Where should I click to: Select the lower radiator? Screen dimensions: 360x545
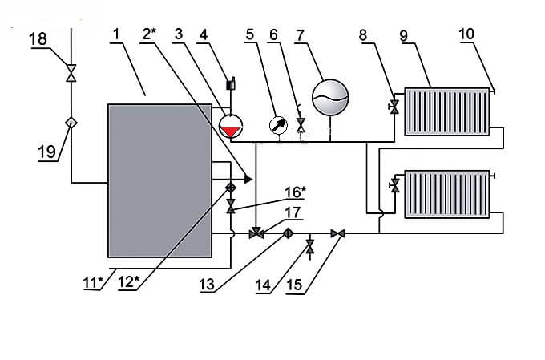[x=446, y=193]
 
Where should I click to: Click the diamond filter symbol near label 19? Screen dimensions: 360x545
[x=71, y=122]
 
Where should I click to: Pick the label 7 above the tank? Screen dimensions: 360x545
[x=301, y=36]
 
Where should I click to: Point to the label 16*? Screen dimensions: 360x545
[x=295, y=192]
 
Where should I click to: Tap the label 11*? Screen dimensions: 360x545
[x=95, y=281]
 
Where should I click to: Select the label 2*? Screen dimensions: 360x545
[x=147, y=36]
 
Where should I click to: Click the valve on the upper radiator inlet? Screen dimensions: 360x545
[x=394, y=107]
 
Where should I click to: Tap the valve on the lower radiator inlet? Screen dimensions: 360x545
[x=394, y=186]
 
